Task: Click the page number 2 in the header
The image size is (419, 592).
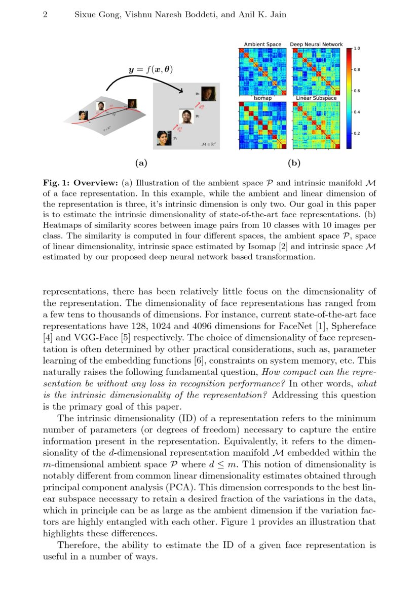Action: pos(45,15)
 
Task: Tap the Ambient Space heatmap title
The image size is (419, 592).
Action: pos(262,45)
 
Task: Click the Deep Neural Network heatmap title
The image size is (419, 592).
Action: pos(316,45)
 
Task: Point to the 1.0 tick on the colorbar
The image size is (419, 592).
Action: pos(357,49)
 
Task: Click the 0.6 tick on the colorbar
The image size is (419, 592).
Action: pos(357,91)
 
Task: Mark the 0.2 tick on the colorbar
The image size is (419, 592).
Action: pos(357,133)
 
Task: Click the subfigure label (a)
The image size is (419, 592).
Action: pos(140,163)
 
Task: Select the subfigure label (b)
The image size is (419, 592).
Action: pos(294,163)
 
